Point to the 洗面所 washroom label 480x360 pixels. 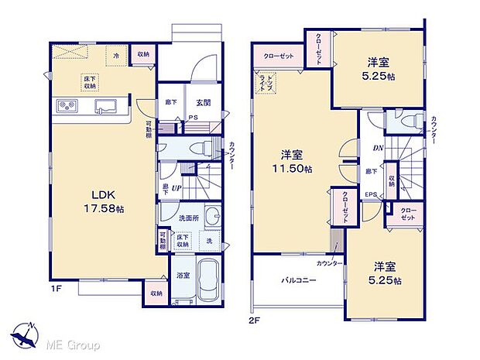[x=189, y=219]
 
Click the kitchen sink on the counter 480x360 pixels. [x=105, y=107]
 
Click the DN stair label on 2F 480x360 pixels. [x=379, y=149]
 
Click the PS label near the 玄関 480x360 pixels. [x=194, y=118]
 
